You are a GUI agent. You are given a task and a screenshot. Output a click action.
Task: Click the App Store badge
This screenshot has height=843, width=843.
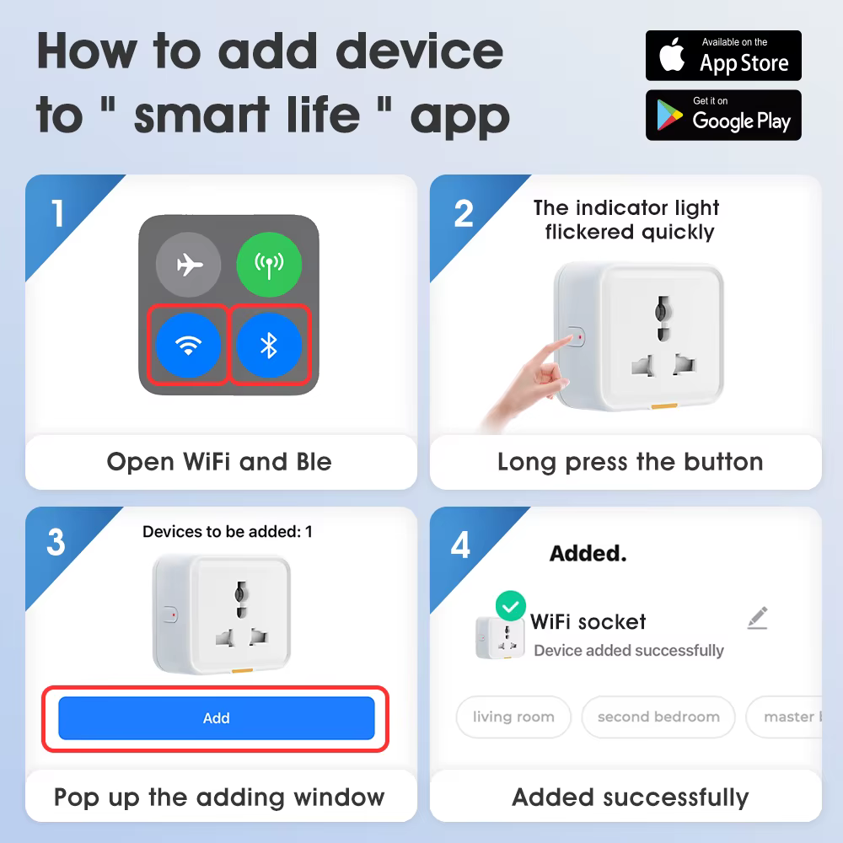(723, 56)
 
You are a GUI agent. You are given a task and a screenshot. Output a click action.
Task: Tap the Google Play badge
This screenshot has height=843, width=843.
(723, 115)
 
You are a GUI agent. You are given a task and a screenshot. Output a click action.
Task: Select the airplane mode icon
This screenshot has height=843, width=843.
(189, 266)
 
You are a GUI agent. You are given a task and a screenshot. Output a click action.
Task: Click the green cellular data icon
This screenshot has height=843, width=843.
(268, 266)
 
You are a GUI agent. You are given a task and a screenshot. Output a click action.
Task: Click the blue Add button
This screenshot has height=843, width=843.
(216, 718)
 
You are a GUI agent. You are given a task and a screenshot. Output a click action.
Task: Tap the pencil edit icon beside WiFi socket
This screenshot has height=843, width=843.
(757, 619)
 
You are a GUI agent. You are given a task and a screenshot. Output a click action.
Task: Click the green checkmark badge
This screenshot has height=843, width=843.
(510, 606)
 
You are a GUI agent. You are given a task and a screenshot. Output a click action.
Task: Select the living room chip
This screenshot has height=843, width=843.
(513, 717)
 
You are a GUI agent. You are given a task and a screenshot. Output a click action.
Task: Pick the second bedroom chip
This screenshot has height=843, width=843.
(658, 717)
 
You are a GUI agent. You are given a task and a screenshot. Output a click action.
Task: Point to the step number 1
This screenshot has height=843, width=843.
(57, 213)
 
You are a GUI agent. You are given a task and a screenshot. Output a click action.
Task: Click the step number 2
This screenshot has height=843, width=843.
(463, 214)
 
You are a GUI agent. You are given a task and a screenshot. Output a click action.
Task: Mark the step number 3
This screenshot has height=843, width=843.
(56, 543)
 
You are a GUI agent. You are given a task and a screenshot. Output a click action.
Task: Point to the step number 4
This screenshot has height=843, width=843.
(460, 545)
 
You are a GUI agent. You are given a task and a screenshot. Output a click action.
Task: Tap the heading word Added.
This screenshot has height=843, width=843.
(588, 554)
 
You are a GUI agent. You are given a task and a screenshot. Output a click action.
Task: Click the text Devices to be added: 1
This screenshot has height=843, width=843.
(227, 532)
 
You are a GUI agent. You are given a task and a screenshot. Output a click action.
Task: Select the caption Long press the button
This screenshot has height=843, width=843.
(630, 462)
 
